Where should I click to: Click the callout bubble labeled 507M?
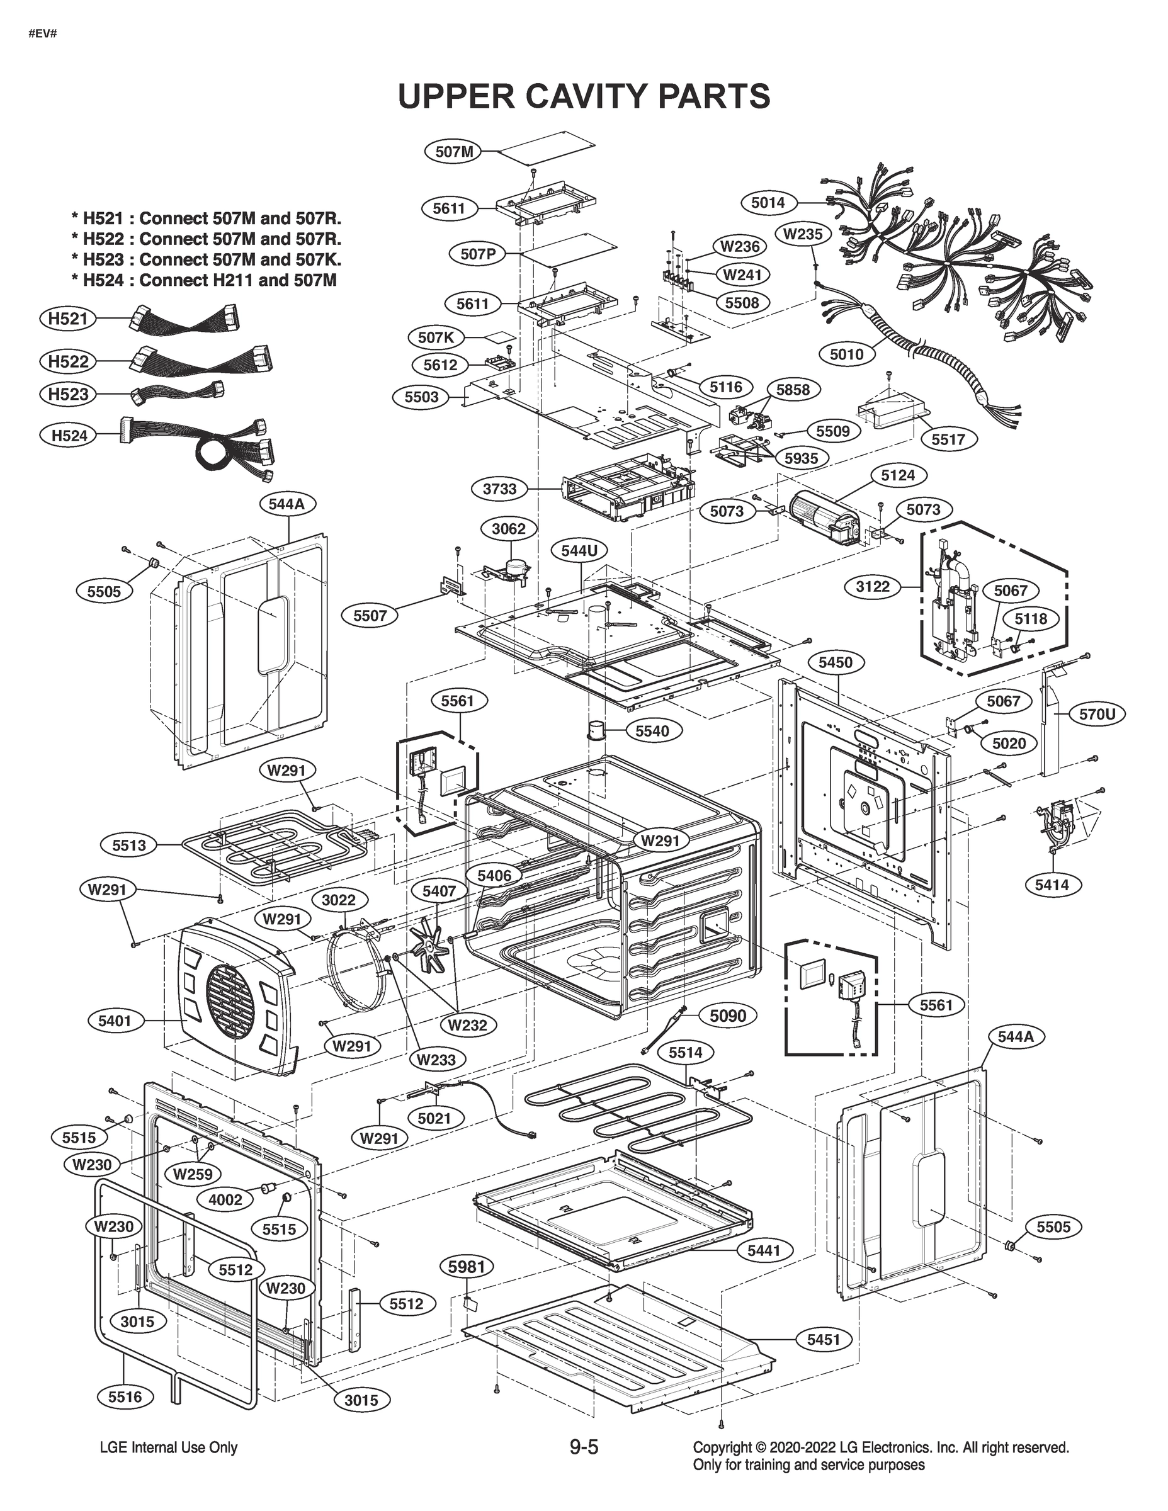pos(453,152)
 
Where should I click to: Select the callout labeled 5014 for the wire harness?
pos(768,203)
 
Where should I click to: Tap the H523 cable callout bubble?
pos(68,394)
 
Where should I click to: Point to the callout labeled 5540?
pos(652,730)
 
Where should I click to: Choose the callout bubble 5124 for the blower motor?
pos(897,475)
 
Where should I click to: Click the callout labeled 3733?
pos(499,489)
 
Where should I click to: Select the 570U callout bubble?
pos(1097,714)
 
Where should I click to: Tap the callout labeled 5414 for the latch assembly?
pos(1052,884)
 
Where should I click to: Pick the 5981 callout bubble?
pos(467,1267)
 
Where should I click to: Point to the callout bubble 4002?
pos(225,1199)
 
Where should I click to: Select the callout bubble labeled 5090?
pos(728,1016)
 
